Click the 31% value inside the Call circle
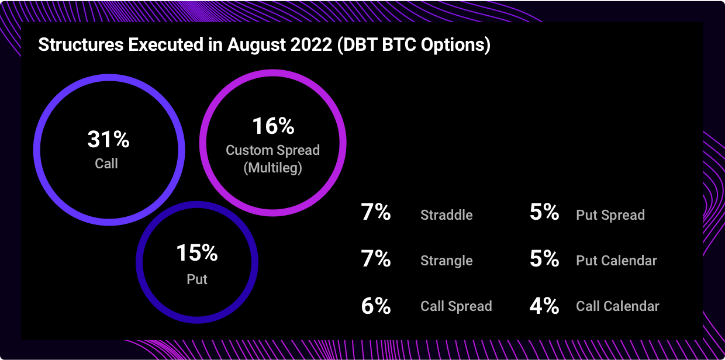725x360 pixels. (108, 140)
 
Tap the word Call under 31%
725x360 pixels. (106, 163)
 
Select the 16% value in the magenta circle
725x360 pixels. (274, 126)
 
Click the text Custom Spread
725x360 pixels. (273, 150)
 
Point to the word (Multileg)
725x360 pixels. (273, 168)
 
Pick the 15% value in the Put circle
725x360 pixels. (197, 252)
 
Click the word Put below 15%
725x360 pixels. (197, 279)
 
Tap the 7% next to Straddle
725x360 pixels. (376, 212)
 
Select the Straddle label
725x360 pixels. (447, 215)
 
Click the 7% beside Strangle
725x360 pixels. (376, 258)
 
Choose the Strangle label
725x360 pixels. (447, 261)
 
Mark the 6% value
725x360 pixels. (376, 306)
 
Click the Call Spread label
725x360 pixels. (457, 306)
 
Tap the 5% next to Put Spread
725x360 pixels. (544, 212)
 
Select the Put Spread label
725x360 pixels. (610, 215)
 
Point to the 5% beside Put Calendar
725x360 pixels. (544, 258)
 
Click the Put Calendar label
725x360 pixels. (617, 261)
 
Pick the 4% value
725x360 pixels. (544, 306)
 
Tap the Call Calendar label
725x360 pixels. (617, 306)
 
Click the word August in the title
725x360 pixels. (257, 44)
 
